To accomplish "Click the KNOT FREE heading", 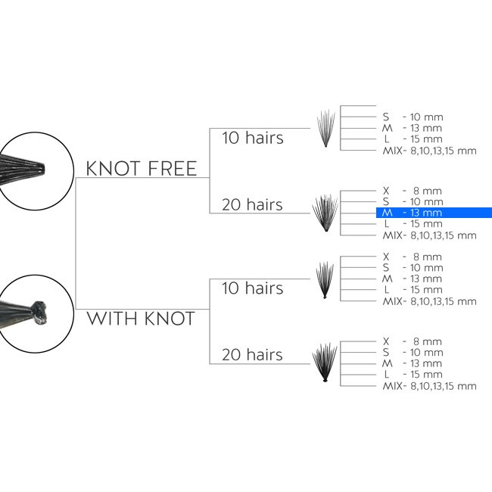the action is coord(142,169).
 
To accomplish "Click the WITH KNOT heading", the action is coord(141,319).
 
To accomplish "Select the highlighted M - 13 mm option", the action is coord(434,213).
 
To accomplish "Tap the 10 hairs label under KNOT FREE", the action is coord(253,138).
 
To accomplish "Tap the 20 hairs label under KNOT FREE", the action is coord(252,204).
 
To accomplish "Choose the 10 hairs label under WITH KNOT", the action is coord(253,288).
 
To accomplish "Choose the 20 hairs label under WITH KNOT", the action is coord(252,354).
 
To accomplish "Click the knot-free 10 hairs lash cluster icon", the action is coord(325,129).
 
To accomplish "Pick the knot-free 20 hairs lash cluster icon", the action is coord(325,213).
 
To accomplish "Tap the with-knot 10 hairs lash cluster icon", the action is coord(325,280).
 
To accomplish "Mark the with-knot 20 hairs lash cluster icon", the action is coord(325,363).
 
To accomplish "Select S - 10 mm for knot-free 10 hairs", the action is coord(413,117).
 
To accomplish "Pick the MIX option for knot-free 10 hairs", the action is coord(430,151).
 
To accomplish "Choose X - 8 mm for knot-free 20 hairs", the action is coord(413,191).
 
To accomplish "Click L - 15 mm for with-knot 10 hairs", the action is coord(413,290).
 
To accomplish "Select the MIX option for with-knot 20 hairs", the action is coord(430,386).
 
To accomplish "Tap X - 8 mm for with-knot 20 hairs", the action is coord(413,341).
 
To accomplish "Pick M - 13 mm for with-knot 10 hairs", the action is coord(413,279).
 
